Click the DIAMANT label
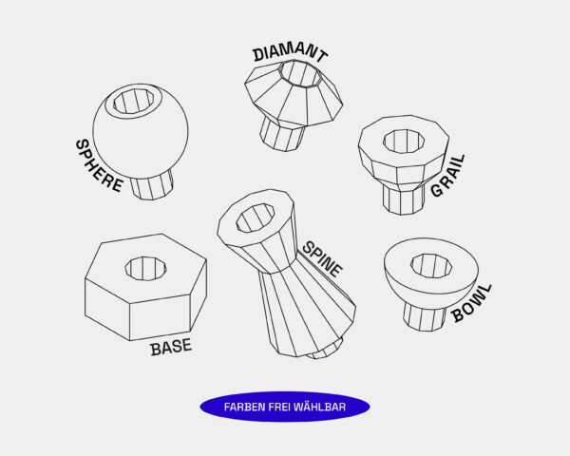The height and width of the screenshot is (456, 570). tap(291, 53)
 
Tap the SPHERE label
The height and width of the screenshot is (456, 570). tap(99, 166)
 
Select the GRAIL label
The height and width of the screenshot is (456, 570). tap(447, 176)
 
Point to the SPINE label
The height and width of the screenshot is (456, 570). tap(322, 259)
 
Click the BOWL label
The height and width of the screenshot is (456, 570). tap(472, 303)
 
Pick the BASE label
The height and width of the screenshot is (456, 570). tap(171, 347)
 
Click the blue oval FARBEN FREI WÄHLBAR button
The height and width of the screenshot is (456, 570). tap(285, 407)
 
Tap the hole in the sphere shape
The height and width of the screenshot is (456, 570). tap(133, 102)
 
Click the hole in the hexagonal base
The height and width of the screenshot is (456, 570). tap(145, 268)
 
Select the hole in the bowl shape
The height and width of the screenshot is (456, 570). tap(431, 266)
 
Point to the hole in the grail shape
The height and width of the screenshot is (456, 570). tap(404, 142)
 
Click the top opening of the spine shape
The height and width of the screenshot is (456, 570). tap(256, 218)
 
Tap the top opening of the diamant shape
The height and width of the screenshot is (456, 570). tap(300, 73)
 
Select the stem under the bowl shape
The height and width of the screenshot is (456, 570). tap(425, 317)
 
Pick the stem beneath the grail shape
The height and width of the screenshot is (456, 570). tap(404, 199)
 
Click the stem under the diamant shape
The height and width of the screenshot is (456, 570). tap(282, 134)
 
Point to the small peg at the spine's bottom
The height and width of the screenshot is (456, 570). tap(325, 350)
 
